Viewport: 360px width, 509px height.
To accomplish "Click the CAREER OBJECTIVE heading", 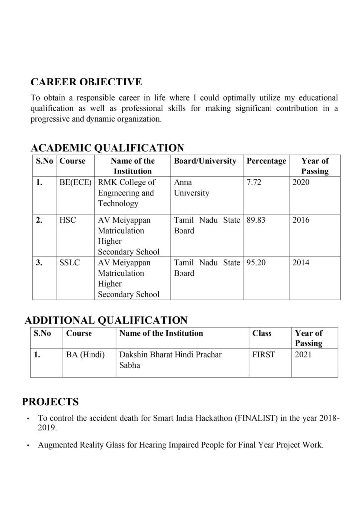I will click(86, 81).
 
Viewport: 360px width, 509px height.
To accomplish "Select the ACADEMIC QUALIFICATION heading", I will click(107, 148).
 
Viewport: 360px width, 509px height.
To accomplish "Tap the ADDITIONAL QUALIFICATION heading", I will click(106, 320).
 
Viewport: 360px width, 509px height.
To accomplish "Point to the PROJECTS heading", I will click(50, 401).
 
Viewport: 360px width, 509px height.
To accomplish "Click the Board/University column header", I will click(205, 161).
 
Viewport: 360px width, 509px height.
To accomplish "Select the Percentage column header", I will click(267, 161).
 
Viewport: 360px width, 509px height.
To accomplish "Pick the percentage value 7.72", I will click(254, 182).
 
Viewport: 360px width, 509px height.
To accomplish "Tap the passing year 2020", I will click(301, 182).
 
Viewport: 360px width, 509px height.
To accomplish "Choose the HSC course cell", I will click(67, 220).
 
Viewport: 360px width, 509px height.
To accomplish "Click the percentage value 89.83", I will click(256, 220).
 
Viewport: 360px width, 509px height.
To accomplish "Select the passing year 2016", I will click(301, 220).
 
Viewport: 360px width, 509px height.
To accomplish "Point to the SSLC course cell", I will click(70, 262).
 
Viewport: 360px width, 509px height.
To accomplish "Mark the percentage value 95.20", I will click(256, 262).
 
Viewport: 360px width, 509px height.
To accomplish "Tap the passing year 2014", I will click(301, 262).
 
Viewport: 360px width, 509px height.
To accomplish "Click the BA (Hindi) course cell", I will click(85, 355).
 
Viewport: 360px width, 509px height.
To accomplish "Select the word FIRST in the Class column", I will click(264, 355).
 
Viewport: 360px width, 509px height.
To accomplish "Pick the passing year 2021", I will click(303, 355).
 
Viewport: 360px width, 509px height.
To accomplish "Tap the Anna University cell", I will click(191, 187).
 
